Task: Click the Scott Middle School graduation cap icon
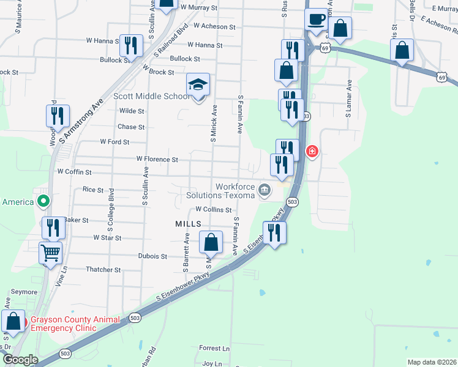198,85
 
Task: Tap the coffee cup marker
316,20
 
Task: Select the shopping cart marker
51,251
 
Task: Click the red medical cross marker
312,150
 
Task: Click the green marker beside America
43,201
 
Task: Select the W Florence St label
157,159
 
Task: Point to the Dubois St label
152,256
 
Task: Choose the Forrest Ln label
214,348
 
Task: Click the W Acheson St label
214,27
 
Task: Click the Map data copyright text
431,362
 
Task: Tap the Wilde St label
132,111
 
